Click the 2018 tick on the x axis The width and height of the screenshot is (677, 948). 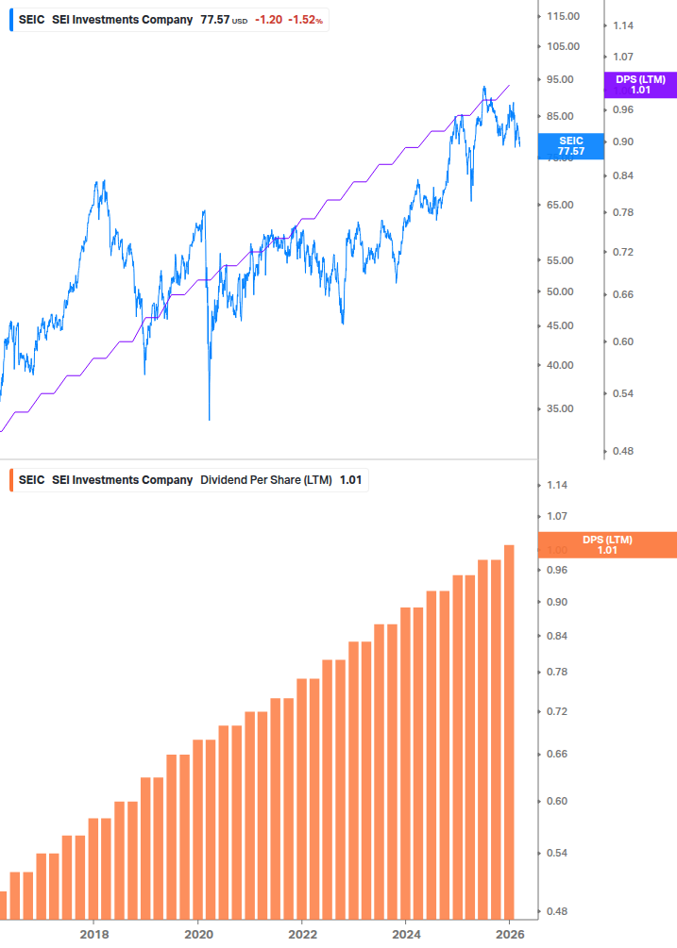[93, 934]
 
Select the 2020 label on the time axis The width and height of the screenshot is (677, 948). [197, 934]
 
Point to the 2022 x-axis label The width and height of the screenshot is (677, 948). [301, 934]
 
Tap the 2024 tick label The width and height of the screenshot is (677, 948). [405, 934]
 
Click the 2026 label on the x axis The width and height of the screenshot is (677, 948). [509, 934]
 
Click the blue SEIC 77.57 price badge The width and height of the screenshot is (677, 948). [570, 145]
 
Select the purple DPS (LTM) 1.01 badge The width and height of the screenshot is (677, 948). [640, 85]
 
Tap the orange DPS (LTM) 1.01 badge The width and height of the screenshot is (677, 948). [606, 544]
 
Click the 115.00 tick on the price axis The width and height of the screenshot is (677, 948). [562, 16]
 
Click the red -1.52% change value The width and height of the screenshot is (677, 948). [306, 19]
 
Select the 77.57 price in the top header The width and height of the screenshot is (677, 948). [214, 19]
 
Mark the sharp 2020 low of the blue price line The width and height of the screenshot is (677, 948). [209, 419]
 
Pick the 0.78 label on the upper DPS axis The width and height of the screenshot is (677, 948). [623, 212]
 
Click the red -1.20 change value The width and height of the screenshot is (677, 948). [268, 19]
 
